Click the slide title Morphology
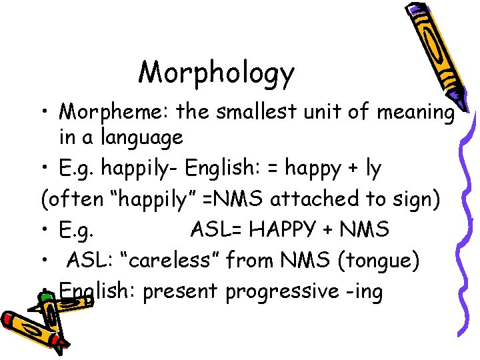216,72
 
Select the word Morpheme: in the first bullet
114,111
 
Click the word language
141,137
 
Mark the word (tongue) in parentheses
379,261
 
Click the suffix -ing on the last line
365,291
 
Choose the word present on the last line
179,291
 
